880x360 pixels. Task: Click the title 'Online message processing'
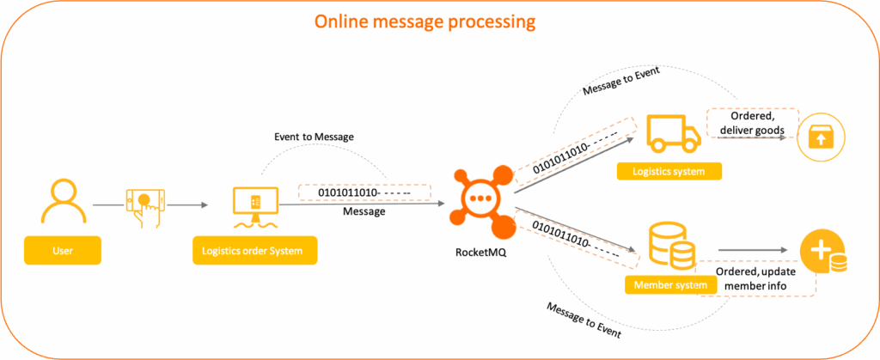point(440,21)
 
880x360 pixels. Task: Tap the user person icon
point(61,201)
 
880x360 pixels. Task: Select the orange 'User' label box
point(61,252)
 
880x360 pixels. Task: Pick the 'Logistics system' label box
point(669,172)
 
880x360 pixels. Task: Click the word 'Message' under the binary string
point(364,211)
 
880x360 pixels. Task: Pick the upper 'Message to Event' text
point(620,82)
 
